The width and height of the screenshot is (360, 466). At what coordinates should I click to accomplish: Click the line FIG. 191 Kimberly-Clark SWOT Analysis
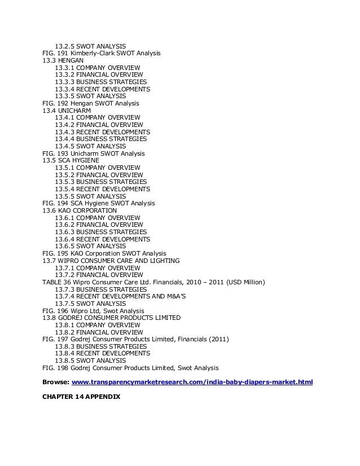click(x=102, y=53)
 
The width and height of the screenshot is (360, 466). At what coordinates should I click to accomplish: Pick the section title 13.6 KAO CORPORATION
click(x=80, y=210)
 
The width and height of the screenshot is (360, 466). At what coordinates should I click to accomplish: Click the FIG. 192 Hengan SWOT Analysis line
click(x=91, y=103)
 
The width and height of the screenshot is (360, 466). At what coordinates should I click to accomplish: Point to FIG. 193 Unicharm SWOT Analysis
click(x=94, y=153)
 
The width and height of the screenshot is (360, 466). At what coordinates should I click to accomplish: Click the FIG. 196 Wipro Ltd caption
click(x=93, y=311)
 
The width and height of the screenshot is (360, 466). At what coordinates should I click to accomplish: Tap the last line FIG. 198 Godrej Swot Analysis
click(x=130, y=368)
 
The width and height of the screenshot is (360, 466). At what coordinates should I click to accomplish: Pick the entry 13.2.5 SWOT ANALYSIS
click(x=90, y=46)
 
